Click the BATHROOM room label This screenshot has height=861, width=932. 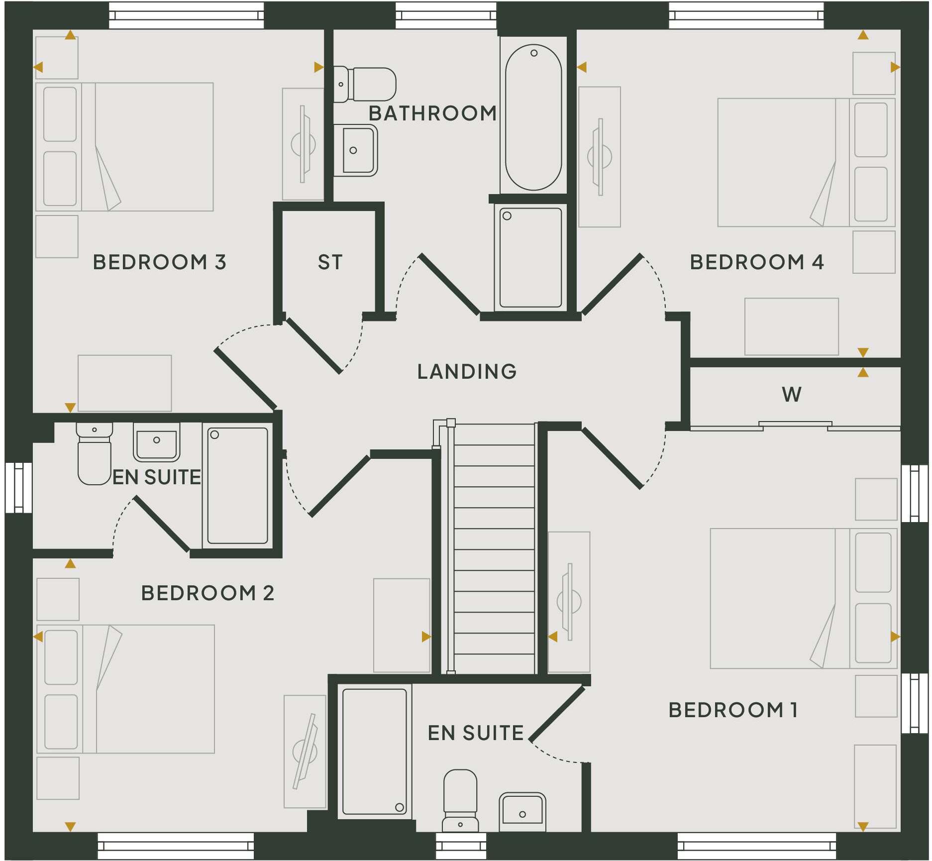coord(432,113)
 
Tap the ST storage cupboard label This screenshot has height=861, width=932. coord(330,262)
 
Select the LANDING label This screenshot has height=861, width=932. coord(467,372)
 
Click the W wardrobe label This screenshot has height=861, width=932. coord(791,395)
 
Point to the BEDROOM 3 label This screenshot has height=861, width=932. coord(159,262)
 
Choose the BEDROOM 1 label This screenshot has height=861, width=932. coord(733,710)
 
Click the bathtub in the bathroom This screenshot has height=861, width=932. coord(533,117)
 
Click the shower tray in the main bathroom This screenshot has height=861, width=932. coord(530,257)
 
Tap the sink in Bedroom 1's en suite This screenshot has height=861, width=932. coord(522,811)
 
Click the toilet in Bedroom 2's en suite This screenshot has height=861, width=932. coord(94,454)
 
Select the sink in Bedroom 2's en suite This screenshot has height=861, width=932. coord(156,442)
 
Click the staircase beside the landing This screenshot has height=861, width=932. coord(494,547)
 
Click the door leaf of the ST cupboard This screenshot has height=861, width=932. coord(314,345)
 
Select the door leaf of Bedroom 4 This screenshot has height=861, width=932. coord(613,285)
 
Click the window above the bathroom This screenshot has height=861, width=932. coord(446,15)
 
